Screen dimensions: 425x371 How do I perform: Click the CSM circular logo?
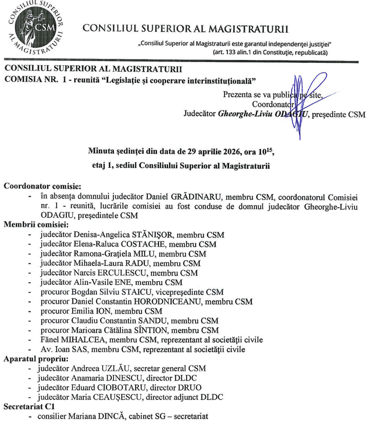[36, 28]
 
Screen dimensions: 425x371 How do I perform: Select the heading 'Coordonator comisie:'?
[43, 186]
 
